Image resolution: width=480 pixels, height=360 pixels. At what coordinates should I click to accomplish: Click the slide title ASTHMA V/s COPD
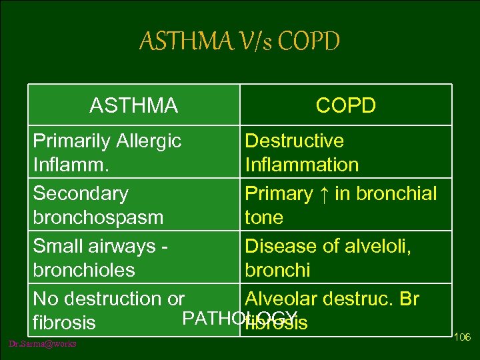[x=239, y=42]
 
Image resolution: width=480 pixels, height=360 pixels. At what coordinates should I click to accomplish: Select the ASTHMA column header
[x=133, y=105]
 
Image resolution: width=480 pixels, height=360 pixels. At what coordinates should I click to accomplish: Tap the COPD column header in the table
[x=346, y=105]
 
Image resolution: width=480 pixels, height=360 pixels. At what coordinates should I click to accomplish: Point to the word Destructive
[x=295, y=141]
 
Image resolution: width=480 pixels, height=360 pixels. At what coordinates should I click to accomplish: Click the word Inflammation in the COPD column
[x=302, y=165]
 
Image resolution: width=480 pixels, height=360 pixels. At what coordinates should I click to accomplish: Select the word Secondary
[x=81, y=193]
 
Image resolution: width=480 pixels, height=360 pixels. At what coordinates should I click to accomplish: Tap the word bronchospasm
[x=98, y=217]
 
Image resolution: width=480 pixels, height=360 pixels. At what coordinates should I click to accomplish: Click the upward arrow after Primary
[x=323, y=193]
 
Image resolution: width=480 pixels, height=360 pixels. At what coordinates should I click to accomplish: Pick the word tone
[x=264, y=217]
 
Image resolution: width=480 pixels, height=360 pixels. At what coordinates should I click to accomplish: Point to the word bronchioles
[x=84, y=270]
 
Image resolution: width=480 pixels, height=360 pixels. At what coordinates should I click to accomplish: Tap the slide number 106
[x=462, y=337]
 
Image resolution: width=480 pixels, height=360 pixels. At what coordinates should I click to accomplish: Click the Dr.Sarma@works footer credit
[x=43, y=344]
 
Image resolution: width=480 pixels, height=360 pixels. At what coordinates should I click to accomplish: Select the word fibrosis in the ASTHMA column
[x=64, y=323]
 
